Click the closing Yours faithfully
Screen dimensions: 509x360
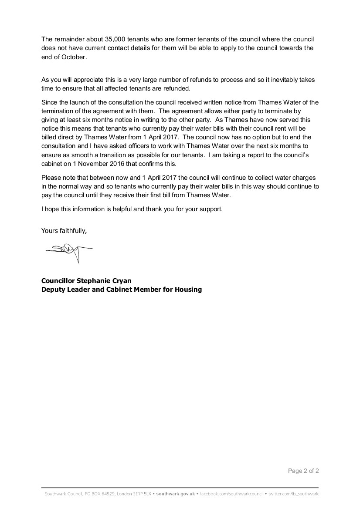click(x=64, y=231)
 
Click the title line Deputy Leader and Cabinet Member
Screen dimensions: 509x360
click(x=121, y=289)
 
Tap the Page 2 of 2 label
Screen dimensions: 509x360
click(x=303, y=471)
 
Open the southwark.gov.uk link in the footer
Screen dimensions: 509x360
click(x=175, y=494)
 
